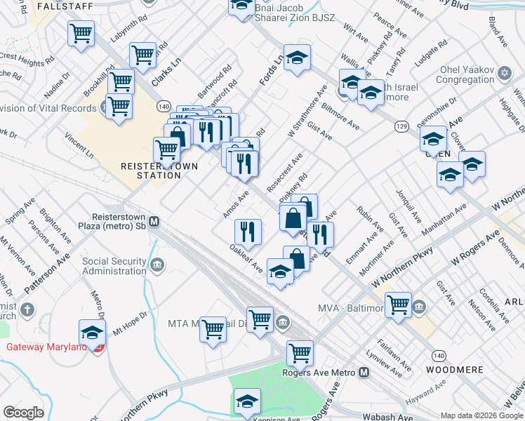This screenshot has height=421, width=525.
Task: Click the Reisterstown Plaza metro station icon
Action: click(x=154, y=222)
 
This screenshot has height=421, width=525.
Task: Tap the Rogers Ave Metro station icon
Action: click(x=364, y=373)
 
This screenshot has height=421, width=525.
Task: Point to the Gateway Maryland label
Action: click(x=47, y=347)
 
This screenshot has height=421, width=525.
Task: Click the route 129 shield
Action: click(x=401, y=126)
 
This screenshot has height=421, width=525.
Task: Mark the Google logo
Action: click(x=23, y=413)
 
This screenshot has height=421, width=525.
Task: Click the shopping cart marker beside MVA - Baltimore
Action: click(x=398, y=305)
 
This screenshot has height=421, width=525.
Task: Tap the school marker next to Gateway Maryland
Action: click(x=92, y=332)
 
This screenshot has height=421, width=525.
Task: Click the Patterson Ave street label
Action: click(x=47, y=273)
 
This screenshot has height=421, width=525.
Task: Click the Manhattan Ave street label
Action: click(x=444, y=220)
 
